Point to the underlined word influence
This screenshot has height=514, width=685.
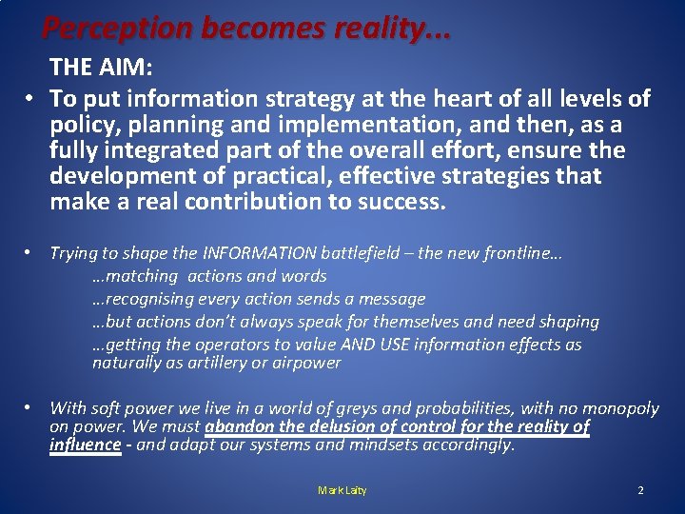tap(85, 445)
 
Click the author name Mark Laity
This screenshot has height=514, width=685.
tap(342, 490)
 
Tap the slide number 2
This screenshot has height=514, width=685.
tap(640, 490)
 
